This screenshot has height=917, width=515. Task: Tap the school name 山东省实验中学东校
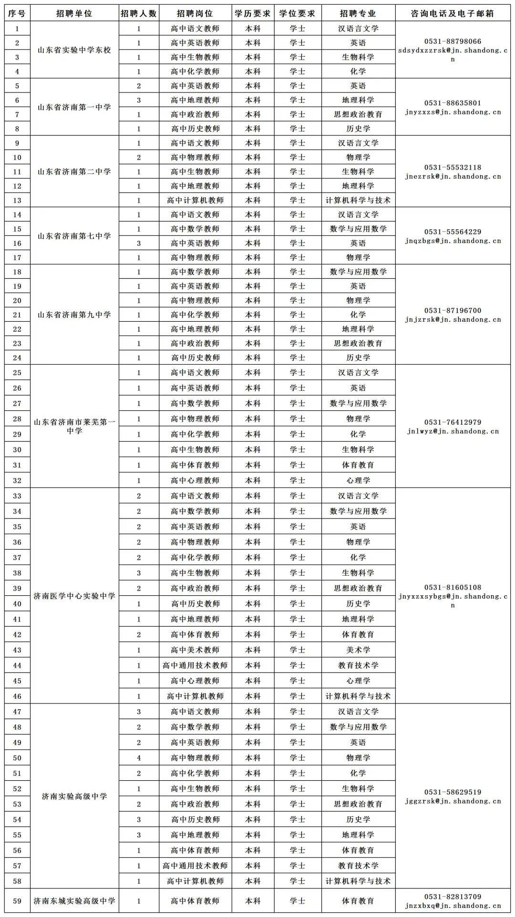click(74, 50)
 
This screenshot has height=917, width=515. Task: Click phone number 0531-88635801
click(453, 103)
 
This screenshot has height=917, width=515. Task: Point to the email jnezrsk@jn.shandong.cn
click(453, 176)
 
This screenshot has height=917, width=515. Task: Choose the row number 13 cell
click(17, 200)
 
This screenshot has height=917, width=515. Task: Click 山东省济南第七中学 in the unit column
click(74, 236)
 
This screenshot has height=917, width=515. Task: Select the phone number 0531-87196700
click(453, 310)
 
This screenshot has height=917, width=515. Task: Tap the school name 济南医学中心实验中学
click(74, 596)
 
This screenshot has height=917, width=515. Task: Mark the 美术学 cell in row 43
click(358, 650)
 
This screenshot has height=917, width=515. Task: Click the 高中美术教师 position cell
click(195, 650)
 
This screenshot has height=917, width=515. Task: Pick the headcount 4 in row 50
click(139, 758)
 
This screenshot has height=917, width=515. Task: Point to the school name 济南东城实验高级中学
click(74, 901)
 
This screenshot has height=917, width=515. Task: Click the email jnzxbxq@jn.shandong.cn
click(453, 906)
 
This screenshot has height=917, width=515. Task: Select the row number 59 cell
click(17, 901)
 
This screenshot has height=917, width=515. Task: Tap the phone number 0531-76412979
click(453, 422)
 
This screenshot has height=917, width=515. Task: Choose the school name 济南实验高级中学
click(74, 796)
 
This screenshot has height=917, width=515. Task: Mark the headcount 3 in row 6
click(139, 100)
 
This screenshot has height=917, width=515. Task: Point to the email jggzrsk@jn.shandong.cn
click(453, 801)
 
